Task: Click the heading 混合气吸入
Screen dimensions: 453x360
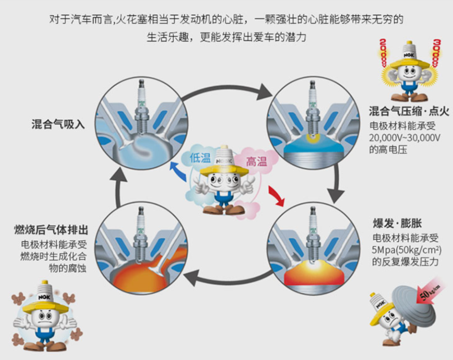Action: [58, 124]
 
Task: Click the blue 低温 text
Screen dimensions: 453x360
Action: [200, 158]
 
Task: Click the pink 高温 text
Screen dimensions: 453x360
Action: [256, 162]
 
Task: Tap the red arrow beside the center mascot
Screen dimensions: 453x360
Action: [276, 197]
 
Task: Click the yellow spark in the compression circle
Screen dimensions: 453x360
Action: [310, 137]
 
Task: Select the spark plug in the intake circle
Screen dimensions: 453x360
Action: [141, 105]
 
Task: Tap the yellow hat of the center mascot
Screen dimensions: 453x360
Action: [221, 168]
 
